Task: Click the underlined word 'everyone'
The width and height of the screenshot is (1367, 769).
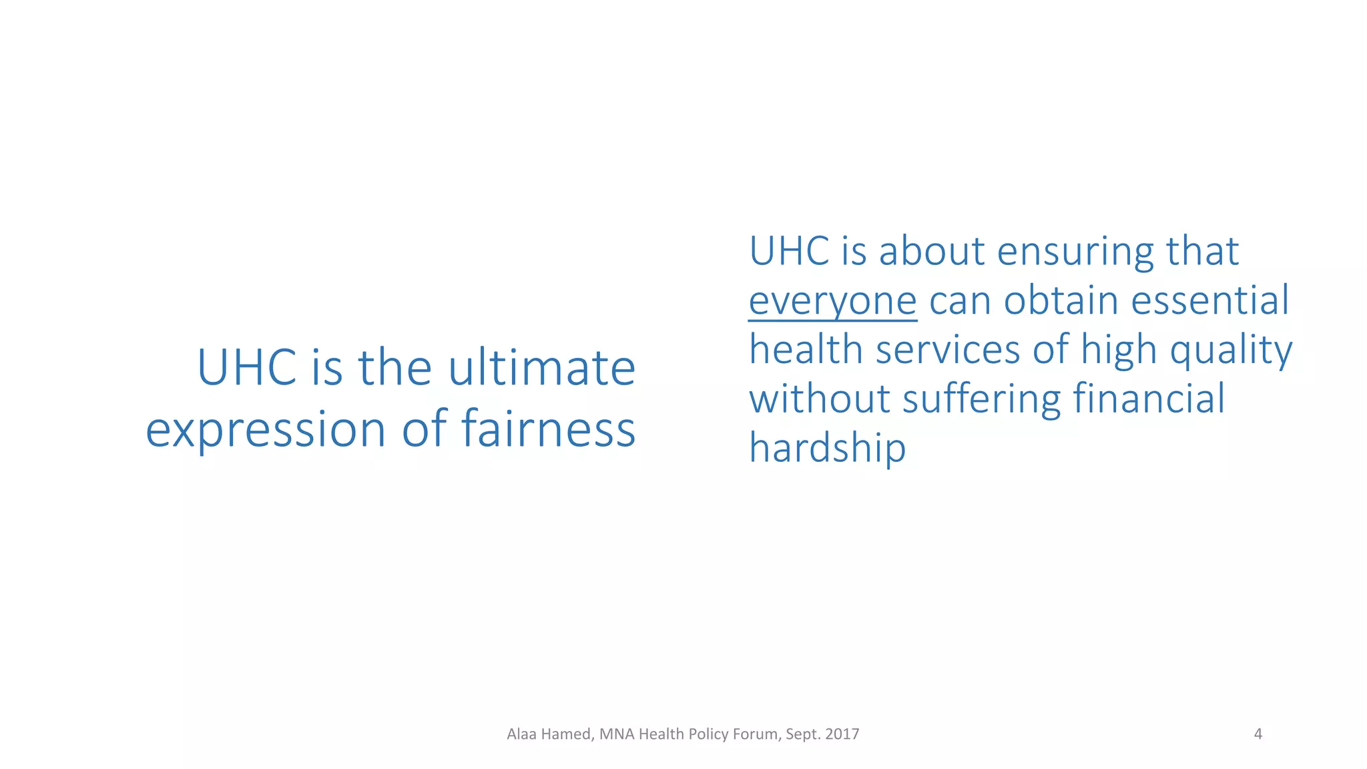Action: (x=832, y=301)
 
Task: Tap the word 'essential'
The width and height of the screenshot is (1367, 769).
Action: (x=1209, y=300)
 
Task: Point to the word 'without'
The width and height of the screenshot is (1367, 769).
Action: (x=819, y=399)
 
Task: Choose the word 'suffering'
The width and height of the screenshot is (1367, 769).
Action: (x=981, y=399)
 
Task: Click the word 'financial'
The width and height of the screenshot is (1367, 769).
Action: (x=1149, y=399)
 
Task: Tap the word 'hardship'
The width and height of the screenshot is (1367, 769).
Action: (x=827, y=447)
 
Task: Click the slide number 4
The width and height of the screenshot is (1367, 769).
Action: (x=1258, y=734)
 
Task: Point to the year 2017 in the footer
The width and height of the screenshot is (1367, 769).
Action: (x=842, y=734)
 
